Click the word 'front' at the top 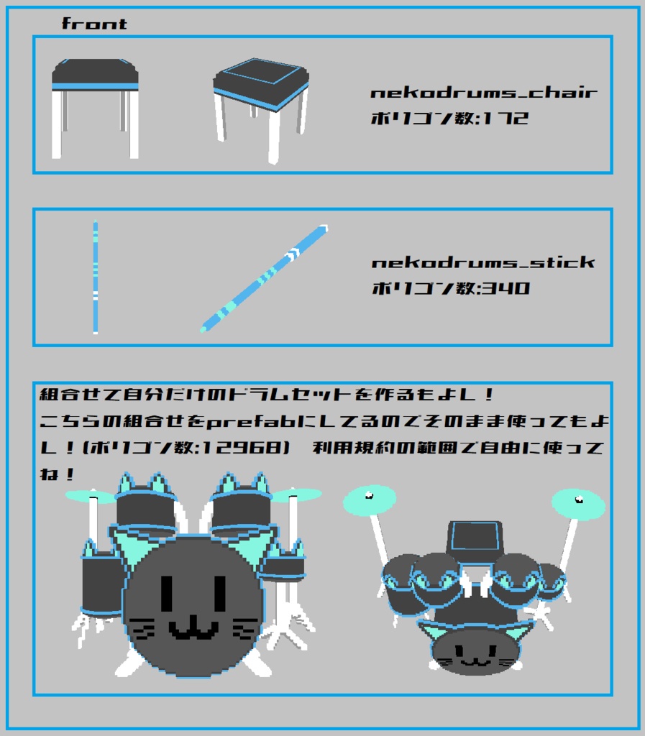[x=94, y=24]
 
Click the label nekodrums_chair [x=484, y=93]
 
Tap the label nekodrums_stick [x=483, y=262]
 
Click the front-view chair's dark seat [x=94, y=72]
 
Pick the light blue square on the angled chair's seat [x=260, y=73]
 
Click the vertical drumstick [x=96, y=277]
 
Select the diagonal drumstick [x=264, y=279]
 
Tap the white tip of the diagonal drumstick [x=324, y=230]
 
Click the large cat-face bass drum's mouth [x=193, y=629]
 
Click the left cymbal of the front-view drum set [x=90, y=496]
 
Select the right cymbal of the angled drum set [x=578, y=504]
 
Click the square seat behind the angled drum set [x=475, y=539]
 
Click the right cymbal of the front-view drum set [x=296, y=494]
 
